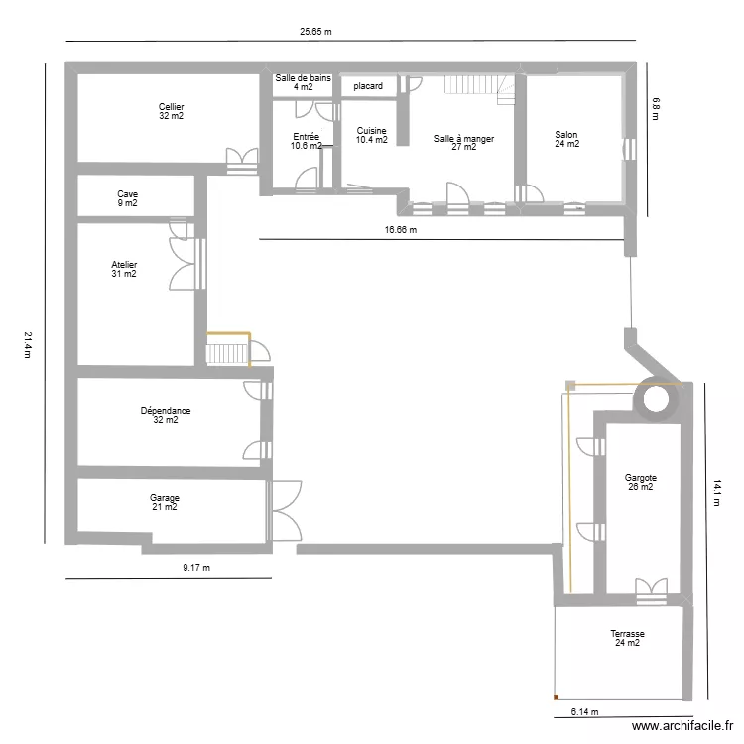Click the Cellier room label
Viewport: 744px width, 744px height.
click(171, 111)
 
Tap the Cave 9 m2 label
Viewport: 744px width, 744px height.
click(127, 198)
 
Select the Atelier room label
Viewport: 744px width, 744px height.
click(124, 269)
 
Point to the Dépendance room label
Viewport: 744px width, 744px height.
click(166, 415)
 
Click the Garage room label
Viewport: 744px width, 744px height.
click(165, 502)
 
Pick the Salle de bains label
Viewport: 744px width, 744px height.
click(303, 82)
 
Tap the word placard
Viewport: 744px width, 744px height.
click(368, 86)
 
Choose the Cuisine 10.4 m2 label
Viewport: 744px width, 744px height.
click(371, 135)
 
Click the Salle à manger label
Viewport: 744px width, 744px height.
click(463, 143)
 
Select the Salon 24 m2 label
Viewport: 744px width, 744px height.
click(566, 140)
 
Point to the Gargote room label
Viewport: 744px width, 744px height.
click(640, 482)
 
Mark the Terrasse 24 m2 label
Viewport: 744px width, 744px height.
click(627, 638)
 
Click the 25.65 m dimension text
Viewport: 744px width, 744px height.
click(315, 31)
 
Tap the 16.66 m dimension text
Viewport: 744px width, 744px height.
click(400, 230)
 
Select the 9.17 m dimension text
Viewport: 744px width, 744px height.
click(196, 568)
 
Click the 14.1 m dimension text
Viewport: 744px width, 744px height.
click(717, 492)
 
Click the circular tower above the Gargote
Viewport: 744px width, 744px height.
click(656, 399)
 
